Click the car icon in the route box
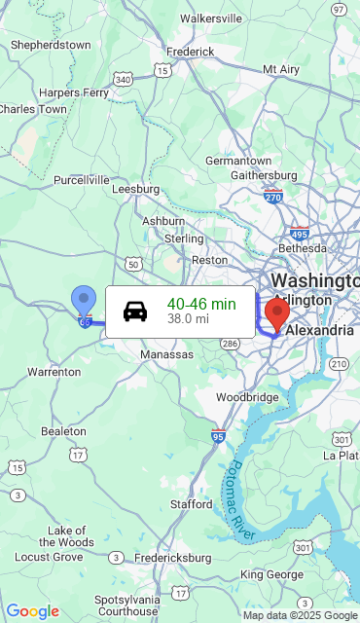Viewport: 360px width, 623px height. tap(135, 311)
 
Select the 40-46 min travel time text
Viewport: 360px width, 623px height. tap(201, 304)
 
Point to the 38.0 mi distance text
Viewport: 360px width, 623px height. tap(188, 318)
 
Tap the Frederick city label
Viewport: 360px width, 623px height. tap(190, 51)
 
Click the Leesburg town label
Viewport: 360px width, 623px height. tap(136, 189)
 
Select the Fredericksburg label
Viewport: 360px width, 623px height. tap(172, 558)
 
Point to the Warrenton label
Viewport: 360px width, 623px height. tap(54, 372)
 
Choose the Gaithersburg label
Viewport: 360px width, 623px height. tap(263, 175)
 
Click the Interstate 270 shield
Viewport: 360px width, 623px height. tap(272, 197)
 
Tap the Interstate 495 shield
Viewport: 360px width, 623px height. tap(300, 234)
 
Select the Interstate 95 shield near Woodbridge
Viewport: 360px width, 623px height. tap(219, 435)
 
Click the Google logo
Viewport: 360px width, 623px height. tap(32, 611)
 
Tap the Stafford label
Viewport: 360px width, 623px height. tap(191, 504)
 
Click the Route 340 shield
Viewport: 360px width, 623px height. tap(123, 79)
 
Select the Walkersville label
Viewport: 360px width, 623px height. tap(211, 18)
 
